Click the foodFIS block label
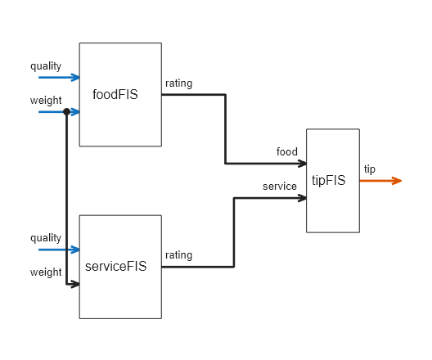[x=115, y=94]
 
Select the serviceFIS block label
[x=116, y=266]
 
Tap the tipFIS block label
[x=329, y=180]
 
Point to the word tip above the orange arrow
[x=370, y=169]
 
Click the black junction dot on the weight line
[x=66, y=111]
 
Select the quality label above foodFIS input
[x=46, y=65]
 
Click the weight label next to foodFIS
[x=46, y=101]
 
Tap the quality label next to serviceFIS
[x=46, y=237]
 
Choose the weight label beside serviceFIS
[x=46, y=272]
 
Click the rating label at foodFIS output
[x=178, y=83]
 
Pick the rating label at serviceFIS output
[x=178, y=255]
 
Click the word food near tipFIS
[x=286, y=151]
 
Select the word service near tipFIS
[x=280, y=187]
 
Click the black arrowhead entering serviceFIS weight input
[x=75, y=285]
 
